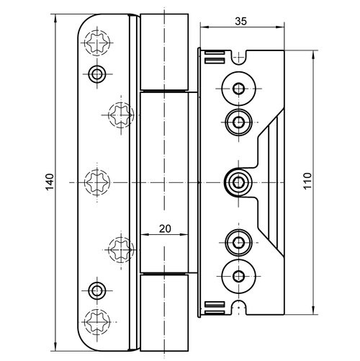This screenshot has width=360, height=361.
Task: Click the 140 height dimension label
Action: [x=50, y=182]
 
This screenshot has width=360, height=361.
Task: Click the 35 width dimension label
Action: [x=240, y=22]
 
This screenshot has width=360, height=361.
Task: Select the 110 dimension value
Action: [x=307, y=181]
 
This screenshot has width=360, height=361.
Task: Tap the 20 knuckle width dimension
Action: [x=165, y=228]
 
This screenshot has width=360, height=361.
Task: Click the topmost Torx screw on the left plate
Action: [x=97, y=43]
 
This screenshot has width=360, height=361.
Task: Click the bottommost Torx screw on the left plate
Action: [x=97, y=321]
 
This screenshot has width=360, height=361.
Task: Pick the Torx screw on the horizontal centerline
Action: [x=97, y=182]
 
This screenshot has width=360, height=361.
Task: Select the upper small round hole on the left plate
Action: [x=97, y=73]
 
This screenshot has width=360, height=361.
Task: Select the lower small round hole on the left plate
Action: [x=97, y=291]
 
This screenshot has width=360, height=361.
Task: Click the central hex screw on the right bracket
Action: [x=238, y=182]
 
